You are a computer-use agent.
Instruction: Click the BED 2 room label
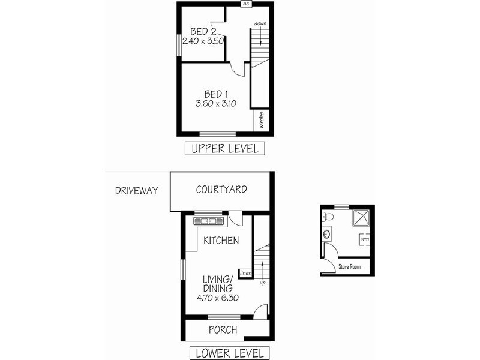(203, 31)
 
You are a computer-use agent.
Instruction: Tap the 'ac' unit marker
(246, 4)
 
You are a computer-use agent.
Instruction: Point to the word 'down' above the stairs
(260, 23)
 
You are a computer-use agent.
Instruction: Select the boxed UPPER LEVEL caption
(224, 148)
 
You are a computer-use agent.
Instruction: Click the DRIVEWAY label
(137, 191)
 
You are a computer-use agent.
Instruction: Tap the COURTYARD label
(221, 190)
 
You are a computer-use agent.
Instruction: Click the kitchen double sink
(208, 221)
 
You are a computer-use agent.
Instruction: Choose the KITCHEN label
(221, 241)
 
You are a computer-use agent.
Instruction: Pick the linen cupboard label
(245, 274)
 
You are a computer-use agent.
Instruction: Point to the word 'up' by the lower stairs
(262, 282)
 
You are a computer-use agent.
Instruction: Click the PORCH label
(223, 329)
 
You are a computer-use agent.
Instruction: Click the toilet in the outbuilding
(327, 217)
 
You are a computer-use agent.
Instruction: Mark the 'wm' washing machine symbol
(364, 239)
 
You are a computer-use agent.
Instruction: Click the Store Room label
(350, 266)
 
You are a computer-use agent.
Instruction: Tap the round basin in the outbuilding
(326, 233)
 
